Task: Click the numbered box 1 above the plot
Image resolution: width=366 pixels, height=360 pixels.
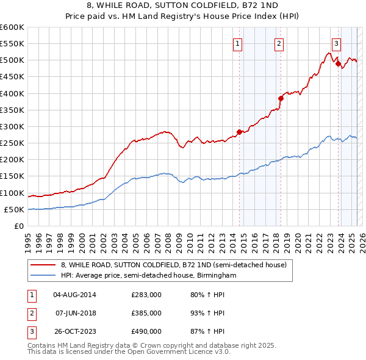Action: (x=237, y=43)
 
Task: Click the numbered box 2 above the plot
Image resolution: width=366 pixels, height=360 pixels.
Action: (x=278, y=43)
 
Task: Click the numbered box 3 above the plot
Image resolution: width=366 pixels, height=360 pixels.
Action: (x=336, y=43)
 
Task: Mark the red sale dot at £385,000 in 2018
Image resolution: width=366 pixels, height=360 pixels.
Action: (x=281, y=98)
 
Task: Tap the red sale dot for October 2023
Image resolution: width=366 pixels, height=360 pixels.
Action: (x=338, y=63)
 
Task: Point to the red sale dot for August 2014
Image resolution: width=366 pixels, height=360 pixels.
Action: (x=239, y=132)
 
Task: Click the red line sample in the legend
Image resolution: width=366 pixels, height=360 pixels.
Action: (x=43, y=265)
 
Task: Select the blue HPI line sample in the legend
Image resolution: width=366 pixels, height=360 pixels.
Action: (x=43, y=276)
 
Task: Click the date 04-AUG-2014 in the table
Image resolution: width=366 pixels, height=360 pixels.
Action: (x=74, y=294)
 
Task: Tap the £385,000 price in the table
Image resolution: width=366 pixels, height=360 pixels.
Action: (x=146, y=313)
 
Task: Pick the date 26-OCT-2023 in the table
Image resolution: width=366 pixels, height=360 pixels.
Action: (x=74, y=331)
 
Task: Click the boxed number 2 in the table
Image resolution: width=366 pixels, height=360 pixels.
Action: (x=30, y=313)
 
